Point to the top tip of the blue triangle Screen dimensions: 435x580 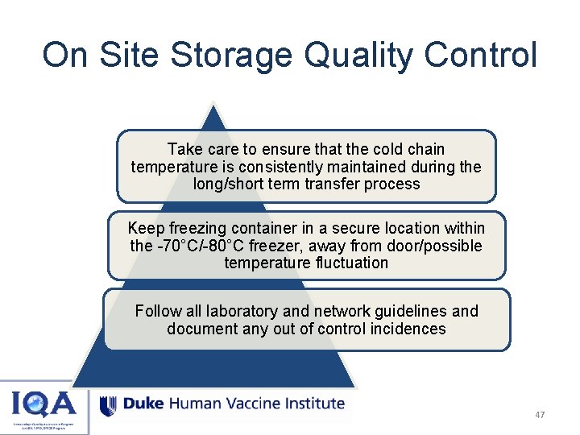tap(213, 103)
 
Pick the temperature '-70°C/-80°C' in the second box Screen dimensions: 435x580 tap(195, 246)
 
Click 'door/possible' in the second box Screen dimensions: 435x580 tap(436, 246)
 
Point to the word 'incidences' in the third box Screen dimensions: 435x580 tap(408, 329)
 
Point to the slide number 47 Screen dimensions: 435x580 tap(540, 415)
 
